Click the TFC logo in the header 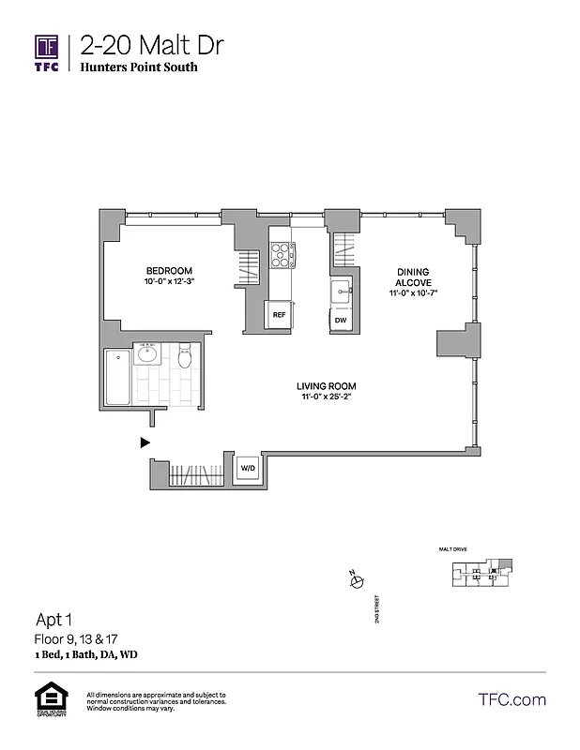click(x=48, y=52)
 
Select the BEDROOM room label click(x=169, y=267)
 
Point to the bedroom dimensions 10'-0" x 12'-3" click(x=169, y=280)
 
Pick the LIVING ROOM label click(x=326, y=386)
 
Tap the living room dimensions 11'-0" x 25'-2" click(x=326, y=397)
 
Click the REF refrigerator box click(x=279, y=316)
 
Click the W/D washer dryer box click(x=247, y=467)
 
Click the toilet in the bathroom click(x=185, y=356)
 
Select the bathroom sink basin click(x=147, y=354)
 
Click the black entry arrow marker click(x=145, y=441)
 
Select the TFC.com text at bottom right click(x=512, y=699)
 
